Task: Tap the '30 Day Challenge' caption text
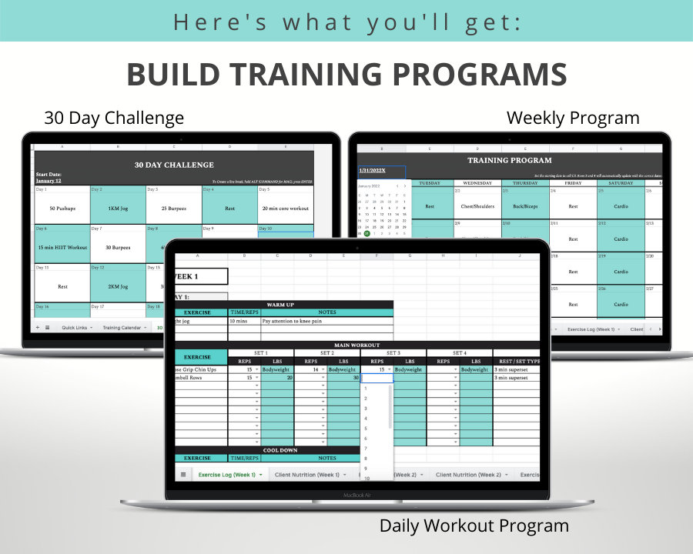114,118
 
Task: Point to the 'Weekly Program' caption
572,118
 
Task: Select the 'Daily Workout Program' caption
474,526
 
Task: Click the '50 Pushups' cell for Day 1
62,209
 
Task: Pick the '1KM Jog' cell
117,209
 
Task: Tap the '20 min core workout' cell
286,209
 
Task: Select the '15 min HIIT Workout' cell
62,248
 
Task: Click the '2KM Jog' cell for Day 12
117,286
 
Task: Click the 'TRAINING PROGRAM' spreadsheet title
509,161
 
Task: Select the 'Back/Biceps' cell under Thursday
525,206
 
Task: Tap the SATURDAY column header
620,183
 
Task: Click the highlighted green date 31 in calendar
367,234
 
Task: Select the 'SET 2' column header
326,352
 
